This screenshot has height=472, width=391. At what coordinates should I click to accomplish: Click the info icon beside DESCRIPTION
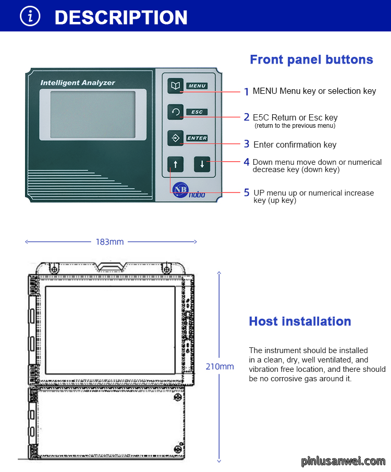click(x=30, y=16)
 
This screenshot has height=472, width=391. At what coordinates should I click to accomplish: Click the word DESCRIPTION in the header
click(x=121, y=17)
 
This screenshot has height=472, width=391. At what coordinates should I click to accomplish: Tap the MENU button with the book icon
click(x=176, y=86)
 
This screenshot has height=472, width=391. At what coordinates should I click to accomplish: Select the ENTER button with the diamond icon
click(x=176, y=138)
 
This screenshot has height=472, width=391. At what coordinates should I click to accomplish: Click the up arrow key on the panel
click(x=176, y=164)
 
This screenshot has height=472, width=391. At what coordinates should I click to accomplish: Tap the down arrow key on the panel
click(x=202, y=164)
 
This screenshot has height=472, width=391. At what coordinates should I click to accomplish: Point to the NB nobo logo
click(x=189, y=190)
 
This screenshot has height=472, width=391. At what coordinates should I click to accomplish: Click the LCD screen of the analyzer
click(x=93, y=115)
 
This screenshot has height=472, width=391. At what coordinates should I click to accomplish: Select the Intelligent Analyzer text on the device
click(x=78, y=83)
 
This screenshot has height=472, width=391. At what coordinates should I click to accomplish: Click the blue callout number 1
click(x=247, y=91)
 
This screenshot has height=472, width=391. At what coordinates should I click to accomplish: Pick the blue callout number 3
click(x=247, y=144)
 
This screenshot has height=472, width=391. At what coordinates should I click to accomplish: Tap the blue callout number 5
click(x=247, y=192)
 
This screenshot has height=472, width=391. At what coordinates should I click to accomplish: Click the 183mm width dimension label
click(x=109, y=242)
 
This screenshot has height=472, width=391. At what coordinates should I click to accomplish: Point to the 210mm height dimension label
click(x=219, y=367)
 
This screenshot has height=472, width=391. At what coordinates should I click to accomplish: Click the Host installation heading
click(x=300, y=321)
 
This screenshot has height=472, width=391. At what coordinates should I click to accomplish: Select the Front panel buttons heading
click(x=312, y=60)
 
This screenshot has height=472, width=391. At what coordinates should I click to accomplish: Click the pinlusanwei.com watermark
click(x=344, y=461)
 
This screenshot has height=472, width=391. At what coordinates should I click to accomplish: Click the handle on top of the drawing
click(x=110, y=266)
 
